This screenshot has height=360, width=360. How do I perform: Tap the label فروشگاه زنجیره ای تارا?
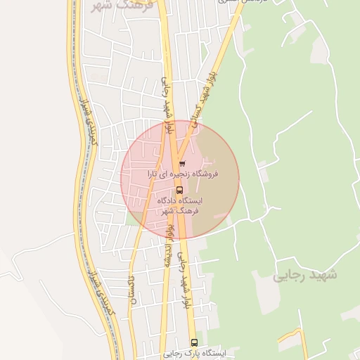[182, 173]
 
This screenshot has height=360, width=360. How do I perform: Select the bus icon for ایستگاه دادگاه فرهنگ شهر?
[179, 190]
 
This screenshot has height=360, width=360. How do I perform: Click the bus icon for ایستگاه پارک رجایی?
[194, 342]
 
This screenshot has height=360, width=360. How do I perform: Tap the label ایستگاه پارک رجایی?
[194, 354]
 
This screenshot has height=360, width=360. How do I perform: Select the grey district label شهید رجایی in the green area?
[304, 274]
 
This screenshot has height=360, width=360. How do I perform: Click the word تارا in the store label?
[153, 173]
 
